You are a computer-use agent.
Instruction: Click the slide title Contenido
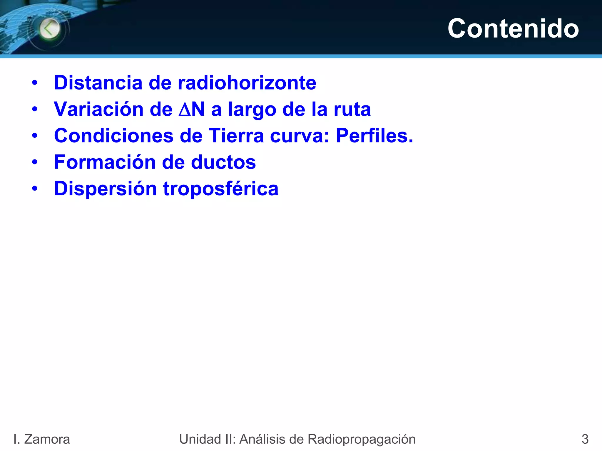tap(513, 28)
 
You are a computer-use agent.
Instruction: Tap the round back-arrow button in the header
tap(50, 29)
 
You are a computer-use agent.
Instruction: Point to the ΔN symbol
tap(192, 109)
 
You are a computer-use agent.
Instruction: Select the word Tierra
tap(236, 136)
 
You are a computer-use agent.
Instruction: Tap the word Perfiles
tap(374, 136)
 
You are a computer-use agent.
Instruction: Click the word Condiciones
tap(114, 136)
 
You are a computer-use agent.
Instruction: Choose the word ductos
tap(223, 162)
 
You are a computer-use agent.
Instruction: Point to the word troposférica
tap(221, 189)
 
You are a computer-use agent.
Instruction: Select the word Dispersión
tap(106, 189)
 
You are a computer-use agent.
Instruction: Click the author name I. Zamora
tap(42, 439)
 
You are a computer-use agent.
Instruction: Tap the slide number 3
tap(585, 439)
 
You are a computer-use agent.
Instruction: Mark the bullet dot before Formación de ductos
tap(35, 162)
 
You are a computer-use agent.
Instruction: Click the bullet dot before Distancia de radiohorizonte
tap(35, 83)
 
